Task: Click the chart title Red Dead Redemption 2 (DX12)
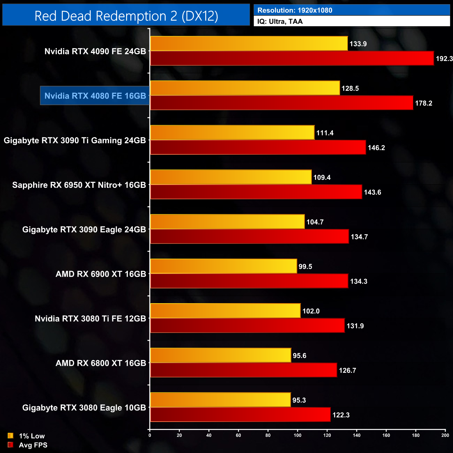pyautogui.click(x=126, y=16)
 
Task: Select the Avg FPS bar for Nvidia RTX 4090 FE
pyautogui.click(x=292, y=59)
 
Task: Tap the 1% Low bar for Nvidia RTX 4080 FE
pyautogui.click(x=245, y=88)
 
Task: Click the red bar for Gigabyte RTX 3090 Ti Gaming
pyautogui.click(x=258, y=147)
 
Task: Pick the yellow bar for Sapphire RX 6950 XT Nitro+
pyautogui.click(x=231, y=177)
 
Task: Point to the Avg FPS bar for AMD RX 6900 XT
pyautogui.click(x=249, y=281)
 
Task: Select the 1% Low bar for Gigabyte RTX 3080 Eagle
pyautogui.click(x=220, y=400)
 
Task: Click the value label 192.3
pyautogui.click(x=444, y=59)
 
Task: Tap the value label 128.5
pyautogui.click(x=350, y=89)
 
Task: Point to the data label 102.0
pyautogui.click(x=311, y=311)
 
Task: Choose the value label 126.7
pyautogui.click(x=347, y=370)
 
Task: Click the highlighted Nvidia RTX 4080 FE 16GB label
pyautogui.click(x=95, y=96)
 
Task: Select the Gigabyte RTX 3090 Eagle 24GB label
pyautogui.click(x=84, y=230)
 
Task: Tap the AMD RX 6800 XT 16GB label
pyautogui.click(x=101, y=363)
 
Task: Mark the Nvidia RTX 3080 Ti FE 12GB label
pyautogui.click(x=90, y=319)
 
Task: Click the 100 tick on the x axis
pyautogui.click(x=298, y=435)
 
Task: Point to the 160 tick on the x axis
pyautogui.click(x=386, y=435)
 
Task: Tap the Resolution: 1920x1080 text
pyautogui.click(x=295, y=10)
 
